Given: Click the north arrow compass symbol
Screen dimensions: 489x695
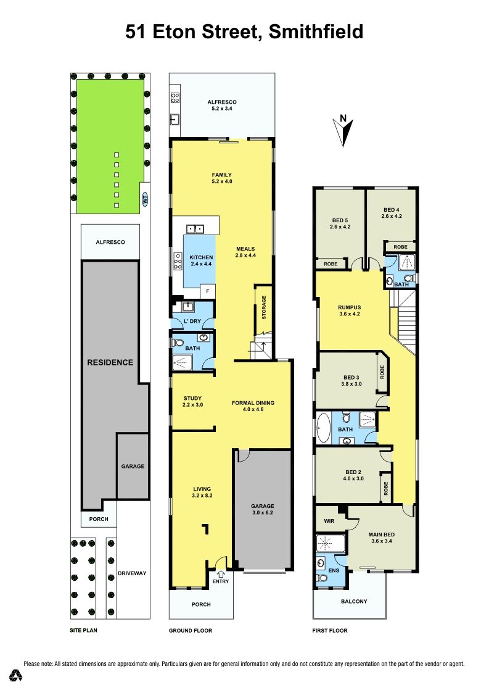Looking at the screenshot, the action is [343, 131].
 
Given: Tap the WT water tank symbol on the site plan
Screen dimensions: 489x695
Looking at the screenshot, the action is [145, 199].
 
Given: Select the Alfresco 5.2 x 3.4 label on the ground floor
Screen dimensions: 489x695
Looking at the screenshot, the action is [222, 105].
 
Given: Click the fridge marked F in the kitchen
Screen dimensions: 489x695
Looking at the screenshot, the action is [207, 291].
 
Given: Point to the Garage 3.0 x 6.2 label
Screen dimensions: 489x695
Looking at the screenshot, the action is [263, 509].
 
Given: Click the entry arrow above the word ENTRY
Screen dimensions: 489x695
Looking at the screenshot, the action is [220, 575].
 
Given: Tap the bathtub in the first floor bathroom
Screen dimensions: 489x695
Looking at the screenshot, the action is [323, 428].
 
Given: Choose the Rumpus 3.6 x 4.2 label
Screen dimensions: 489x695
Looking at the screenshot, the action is [350, 310].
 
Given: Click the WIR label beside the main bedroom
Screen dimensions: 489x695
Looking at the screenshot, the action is [329, 521].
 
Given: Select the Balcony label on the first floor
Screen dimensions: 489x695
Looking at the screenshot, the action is [354, 601].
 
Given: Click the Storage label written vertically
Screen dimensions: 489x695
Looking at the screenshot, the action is [264, 307].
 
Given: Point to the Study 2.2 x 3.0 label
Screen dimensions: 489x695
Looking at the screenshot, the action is [192, 402].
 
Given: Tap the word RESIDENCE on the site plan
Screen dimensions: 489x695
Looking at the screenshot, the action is [110, 362].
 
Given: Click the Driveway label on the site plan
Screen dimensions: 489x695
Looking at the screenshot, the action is [132, 573].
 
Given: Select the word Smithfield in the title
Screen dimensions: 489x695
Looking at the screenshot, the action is [316, 32].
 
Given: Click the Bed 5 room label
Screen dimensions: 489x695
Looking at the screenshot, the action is [340, 223].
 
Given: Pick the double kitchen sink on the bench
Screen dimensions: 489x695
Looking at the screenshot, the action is [195, 229].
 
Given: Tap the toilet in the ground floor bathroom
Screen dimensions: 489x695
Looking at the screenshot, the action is [178, 343].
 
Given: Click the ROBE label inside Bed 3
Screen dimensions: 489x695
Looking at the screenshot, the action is [382, 372].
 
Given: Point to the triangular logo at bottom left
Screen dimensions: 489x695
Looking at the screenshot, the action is [17, 675].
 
